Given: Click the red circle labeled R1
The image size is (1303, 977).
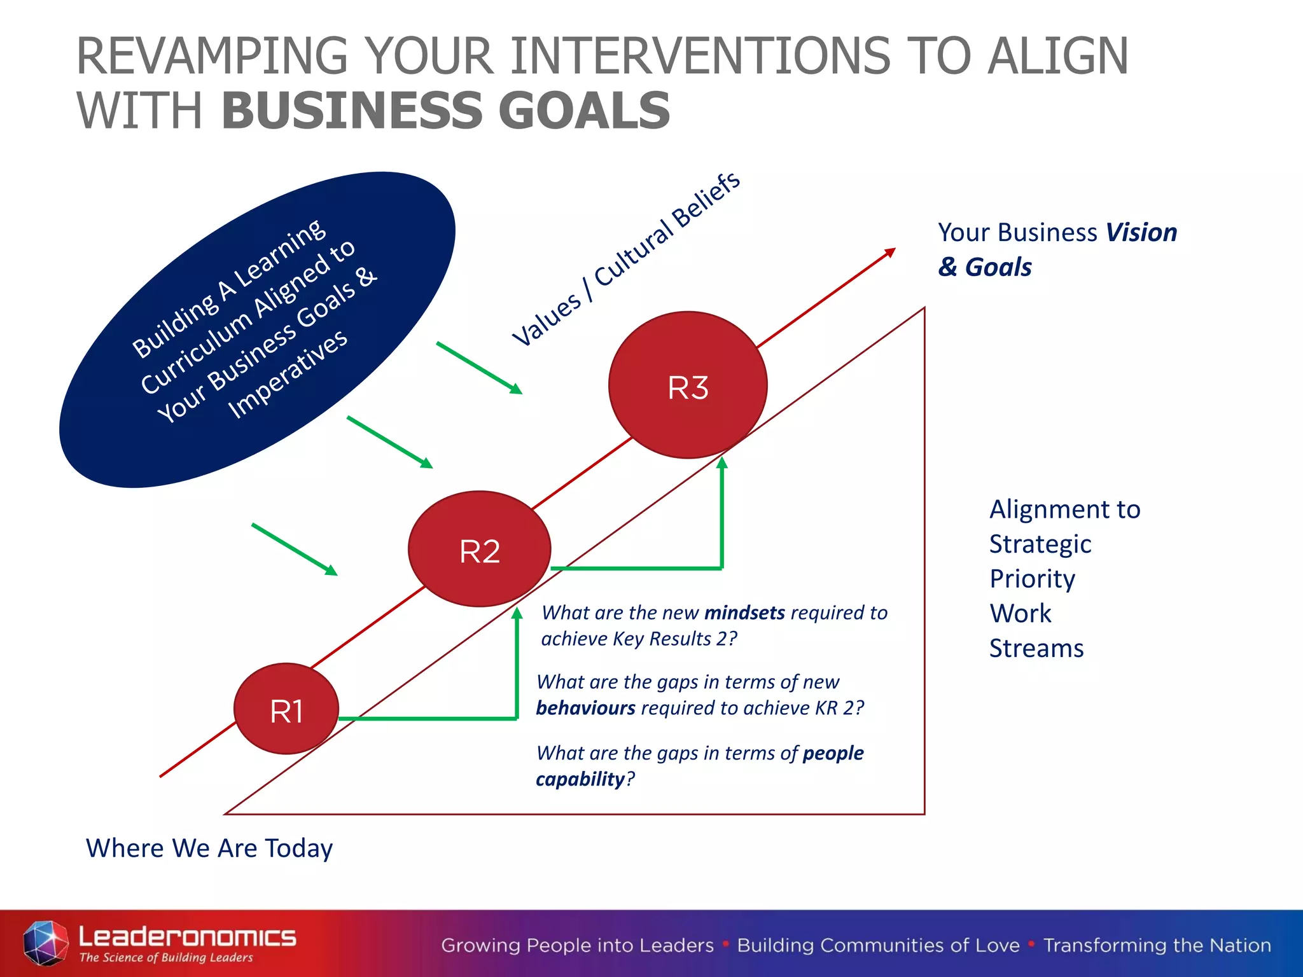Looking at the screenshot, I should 286,709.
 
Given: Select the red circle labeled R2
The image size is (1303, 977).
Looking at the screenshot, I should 479,549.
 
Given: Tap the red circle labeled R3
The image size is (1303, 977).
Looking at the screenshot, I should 688,385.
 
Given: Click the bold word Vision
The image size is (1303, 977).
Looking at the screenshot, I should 1141,233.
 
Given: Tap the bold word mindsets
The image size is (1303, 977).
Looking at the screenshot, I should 744,613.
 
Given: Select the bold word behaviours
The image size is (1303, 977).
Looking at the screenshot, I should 585,708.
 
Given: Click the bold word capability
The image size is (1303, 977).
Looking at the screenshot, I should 580,779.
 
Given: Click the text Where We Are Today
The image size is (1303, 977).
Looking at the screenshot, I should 209,849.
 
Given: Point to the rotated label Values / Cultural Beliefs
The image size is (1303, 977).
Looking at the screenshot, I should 627,259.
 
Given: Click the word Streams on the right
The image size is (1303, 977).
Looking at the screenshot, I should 1036,649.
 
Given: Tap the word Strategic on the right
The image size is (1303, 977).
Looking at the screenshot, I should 1040,544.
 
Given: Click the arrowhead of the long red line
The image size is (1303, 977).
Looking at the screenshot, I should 890,252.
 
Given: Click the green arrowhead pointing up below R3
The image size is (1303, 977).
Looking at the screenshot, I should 721,463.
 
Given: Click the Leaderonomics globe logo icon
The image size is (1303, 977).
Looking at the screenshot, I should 45,943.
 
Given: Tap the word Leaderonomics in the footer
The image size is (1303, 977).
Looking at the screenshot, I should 187,936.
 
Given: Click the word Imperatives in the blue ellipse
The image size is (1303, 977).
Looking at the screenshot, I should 288,375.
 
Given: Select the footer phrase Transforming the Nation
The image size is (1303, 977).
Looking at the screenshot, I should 1157,946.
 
